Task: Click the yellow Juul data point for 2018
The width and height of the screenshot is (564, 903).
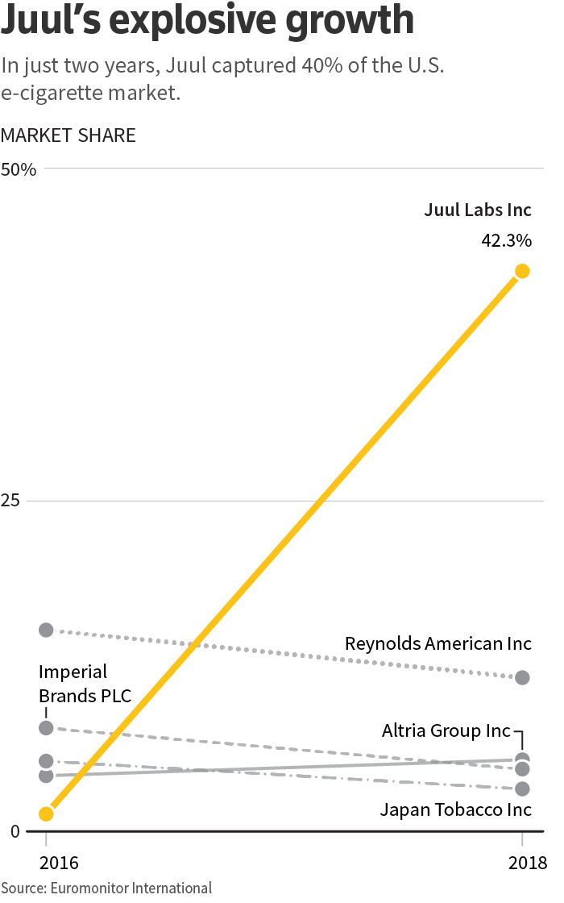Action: coord(522,271)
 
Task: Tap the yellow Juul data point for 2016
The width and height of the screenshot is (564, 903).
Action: coord(46,814)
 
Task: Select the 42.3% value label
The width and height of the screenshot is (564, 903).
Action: coord(506,240)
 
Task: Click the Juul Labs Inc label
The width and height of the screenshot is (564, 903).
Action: coord(478,210)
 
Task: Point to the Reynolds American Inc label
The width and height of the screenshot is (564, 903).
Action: coord(438,643)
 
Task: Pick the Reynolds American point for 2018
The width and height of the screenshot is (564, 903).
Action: coord(522,677)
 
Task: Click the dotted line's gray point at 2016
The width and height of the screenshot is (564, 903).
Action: coord(46,630)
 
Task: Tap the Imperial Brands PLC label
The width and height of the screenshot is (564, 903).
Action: coord(85,684)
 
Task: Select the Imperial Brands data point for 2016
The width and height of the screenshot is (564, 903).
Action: coord(46,728)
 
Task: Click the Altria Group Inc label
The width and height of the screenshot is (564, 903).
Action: coord(446,731)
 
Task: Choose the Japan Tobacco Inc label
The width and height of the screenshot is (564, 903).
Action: coord(456,809)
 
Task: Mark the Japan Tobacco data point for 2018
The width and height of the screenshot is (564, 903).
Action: coord(522,789)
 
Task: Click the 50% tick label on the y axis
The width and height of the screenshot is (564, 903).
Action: coord(19,170)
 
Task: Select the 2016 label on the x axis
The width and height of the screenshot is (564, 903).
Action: coord(58,862)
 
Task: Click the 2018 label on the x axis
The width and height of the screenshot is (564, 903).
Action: coord(528,862)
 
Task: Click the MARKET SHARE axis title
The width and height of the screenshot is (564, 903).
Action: coord(68,135)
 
